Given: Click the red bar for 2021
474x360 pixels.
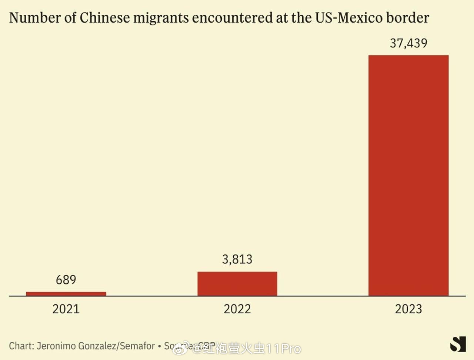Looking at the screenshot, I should click(66, 294).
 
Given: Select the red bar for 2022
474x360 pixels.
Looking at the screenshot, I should click(237, 284).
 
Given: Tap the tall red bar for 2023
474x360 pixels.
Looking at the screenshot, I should click(408, 176).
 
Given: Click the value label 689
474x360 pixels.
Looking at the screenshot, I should click(66, 280).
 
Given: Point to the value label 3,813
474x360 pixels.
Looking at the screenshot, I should click(237, 259).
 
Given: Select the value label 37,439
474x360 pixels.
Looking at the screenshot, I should click(408, 43).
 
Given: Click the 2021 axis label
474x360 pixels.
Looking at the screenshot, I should click(66, 309).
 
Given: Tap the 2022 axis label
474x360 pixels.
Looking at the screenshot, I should click(237, 309).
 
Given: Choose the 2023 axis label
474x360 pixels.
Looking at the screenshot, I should click(408, 309).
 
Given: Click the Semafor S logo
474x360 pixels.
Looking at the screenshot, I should click(458, 344).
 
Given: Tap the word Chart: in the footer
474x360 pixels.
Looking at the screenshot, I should click(21, 346).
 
